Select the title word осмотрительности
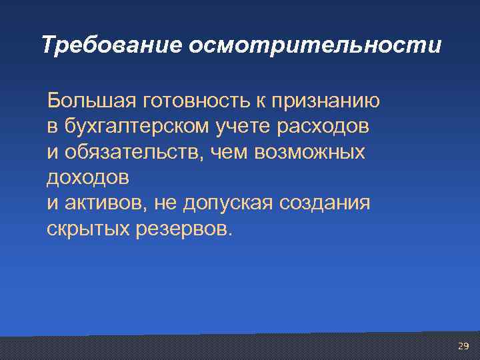click(315, 45)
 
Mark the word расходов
click(321, 127)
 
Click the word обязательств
click(135, 153)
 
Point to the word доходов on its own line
click(89, 178)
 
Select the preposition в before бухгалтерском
click(52, 127)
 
